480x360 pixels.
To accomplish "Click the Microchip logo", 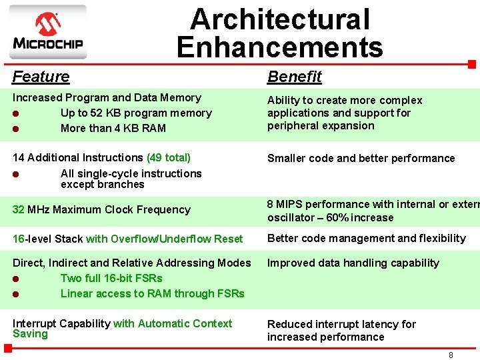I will tap(47, 32).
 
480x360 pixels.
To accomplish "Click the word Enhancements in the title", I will tap(279, 47).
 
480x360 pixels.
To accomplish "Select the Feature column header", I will tap(41, 77).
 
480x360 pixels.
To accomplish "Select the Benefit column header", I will tap(294, 77).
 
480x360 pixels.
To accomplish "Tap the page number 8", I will tap(451, 355).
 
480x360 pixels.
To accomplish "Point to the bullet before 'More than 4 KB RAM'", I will tap(17, 129).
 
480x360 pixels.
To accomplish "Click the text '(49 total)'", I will tap(168, 158).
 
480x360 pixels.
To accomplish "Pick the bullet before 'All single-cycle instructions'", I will tap(17, 174).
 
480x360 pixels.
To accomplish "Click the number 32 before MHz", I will tap(18, 209).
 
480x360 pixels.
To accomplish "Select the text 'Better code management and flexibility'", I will tap(366, 239).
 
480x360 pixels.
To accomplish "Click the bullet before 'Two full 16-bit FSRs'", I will tap(17, 279).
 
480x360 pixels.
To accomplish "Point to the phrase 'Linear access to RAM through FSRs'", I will tap(152, 293).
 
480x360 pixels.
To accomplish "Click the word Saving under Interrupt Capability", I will tap(30, 334).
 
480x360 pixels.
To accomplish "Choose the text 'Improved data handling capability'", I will tap(353, 263).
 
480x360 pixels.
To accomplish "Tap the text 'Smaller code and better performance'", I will tap(361, 159).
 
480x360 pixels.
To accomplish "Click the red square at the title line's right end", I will tap(472, 65).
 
